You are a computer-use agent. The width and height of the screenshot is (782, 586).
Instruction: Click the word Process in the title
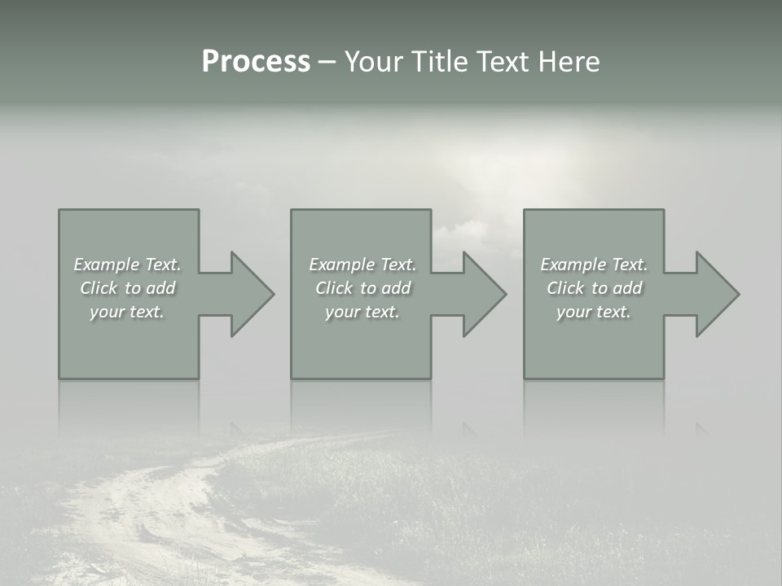coord(256,62)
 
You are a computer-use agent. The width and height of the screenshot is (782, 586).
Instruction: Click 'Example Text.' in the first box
coord(127,265)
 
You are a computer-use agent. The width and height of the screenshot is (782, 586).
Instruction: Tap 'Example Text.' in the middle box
coord(362,265)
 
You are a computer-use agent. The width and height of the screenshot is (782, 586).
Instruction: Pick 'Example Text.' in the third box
coord(594,265)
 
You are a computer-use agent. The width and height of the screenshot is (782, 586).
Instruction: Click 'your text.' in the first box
coord(127,312)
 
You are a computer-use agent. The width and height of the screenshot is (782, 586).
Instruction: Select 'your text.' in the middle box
coord(362,312)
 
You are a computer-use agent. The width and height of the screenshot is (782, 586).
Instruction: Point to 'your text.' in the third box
coord(594,312)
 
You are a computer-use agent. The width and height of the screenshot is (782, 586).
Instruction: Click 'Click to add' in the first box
coord(127,288)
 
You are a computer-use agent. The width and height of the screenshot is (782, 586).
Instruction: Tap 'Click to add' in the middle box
coord(362,288)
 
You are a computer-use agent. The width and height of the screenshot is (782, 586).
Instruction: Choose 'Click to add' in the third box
coord(594,288)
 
